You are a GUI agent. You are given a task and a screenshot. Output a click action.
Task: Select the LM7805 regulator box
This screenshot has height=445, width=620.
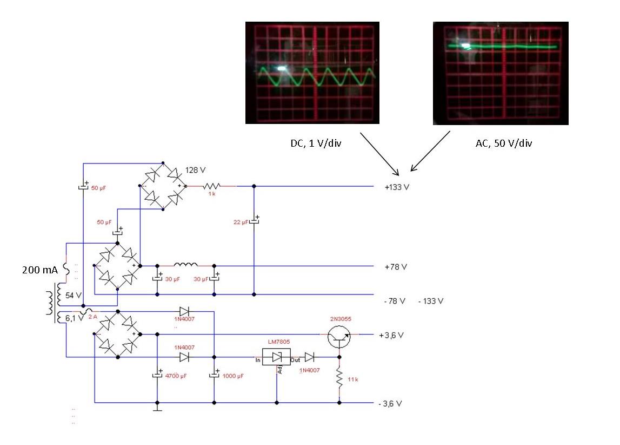coord(276,357)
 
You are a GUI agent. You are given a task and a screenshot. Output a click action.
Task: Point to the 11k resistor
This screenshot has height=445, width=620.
coord(339,378)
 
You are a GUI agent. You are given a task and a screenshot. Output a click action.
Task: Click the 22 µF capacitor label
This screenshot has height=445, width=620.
coord(241,222)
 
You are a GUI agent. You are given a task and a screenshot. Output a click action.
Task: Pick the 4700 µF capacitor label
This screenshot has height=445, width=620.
coord(175,375)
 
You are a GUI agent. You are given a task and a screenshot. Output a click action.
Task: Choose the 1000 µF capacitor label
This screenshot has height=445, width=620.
coord(233,375)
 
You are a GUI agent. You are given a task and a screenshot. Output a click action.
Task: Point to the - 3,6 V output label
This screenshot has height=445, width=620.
coord(390,404)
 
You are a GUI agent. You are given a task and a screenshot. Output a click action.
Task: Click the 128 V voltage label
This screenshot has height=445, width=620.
coord(195,170)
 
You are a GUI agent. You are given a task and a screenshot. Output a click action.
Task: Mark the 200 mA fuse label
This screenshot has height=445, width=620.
coord(39,270)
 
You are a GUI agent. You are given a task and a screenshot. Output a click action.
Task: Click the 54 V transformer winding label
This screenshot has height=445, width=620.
coord(73,296)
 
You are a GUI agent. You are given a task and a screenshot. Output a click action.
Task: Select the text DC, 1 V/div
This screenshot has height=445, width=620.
coord(314,144)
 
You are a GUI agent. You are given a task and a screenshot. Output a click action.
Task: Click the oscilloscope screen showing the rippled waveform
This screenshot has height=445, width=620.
coord(312,73)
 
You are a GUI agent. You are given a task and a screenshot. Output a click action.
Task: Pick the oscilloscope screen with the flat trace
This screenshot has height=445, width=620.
coord(501,73)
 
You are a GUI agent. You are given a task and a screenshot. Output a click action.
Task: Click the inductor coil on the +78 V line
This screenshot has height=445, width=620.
coord(185,265)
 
